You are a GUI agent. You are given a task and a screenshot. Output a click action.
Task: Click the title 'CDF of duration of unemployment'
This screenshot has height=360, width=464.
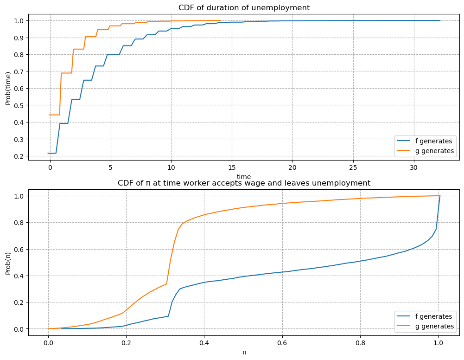coord(244,7)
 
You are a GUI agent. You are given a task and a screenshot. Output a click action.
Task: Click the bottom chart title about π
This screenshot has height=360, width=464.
coord(244,183)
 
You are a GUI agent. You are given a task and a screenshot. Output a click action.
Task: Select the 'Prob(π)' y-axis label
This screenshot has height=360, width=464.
coord(8,262)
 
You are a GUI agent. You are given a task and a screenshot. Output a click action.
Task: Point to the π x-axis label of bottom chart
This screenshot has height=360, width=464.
coord(244,352)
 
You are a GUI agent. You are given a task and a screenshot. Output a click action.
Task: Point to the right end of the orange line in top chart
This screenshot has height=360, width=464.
coord(221,20)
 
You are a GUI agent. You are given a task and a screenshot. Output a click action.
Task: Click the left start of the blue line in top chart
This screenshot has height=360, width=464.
coord(48,153)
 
